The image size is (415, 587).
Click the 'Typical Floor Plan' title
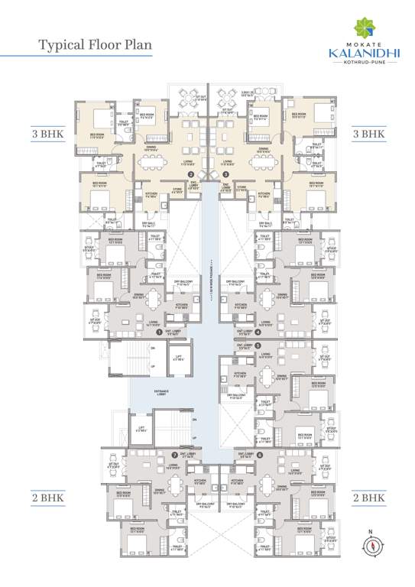point(96,44)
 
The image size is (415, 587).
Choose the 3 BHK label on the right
point(368,133)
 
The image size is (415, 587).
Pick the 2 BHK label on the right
point(368,497)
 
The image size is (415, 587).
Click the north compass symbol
point(371,544)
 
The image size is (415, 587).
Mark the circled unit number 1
point(159,332)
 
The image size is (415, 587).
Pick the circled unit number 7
point(162,454)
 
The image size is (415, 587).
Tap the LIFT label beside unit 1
point(178,357)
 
